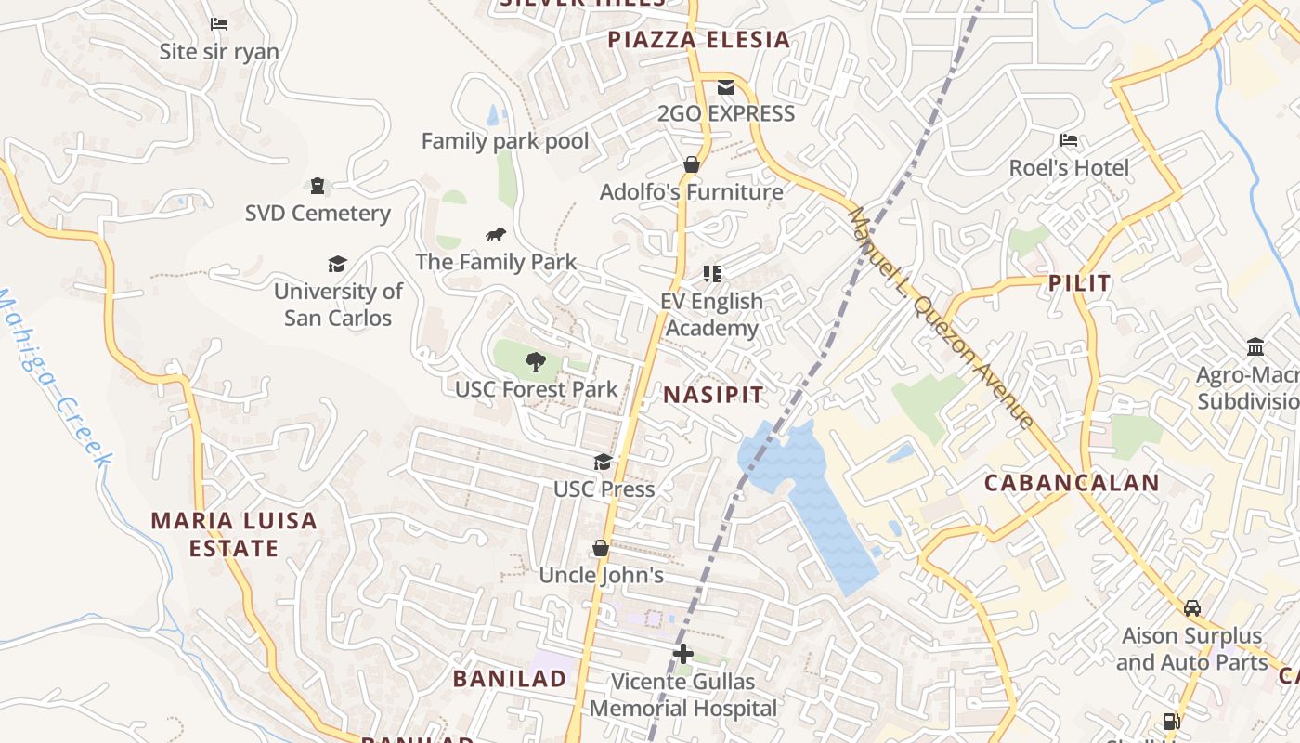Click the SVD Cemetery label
(x=318, y=214)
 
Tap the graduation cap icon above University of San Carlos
(x=337, y=265)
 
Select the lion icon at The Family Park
(x=496, y=235)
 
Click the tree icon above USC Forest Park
(x=535, y=362)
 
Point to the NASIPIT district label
(x=713, y=395)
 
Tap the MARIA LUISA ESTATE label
(x=234, y=534)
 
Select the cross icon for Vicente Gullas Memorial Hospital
(x=683, y=654)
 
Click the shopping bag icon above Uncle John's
(x=601, y=548)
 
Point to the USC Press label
(x=604, y=489)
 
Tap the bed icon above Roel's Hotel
(x=1069, y=141)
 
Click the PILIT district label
(x=1079, y=283)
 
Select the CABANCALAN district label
(x=1072, y=483)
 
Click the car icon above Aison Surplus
(x=1191, y=608)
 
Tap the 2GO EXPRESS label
(x=726, y=114)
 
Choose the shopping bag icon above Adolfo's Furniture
(x=691, y=165)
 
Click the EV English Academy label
(x=712, y=315)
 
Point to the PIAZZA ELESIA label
(x=698, y=39)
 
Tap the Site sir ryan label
(x=219, y=52)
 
